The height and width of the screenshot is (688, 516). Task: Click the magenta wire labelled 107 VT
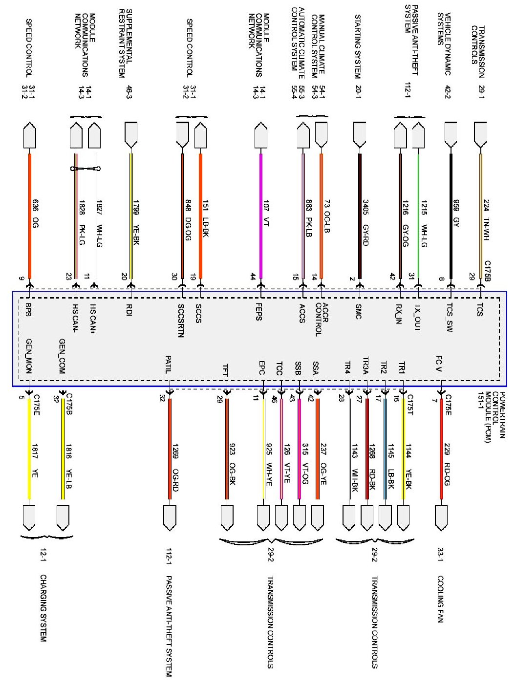click(261, 215)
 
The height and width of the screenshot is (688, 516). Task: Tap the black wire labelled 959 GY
click(450, 215)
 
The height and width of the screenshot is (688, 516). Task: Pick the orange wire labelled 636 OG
click(29, 215)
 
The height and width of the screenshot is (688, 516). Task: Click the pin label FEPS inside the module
click(258, 311)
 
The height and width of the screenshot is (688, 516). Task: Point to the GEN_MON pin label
click(29, 356)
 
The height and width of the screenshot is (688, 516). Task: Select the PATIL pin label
click(168, 364)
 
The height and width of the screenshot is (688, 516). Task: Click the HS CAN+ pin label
click(93, 319)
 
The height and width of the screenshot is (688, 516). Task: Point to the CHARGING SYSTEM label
click(43, 608)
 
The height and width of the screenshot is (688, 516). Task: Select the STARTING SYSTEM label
click(358, 46)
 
